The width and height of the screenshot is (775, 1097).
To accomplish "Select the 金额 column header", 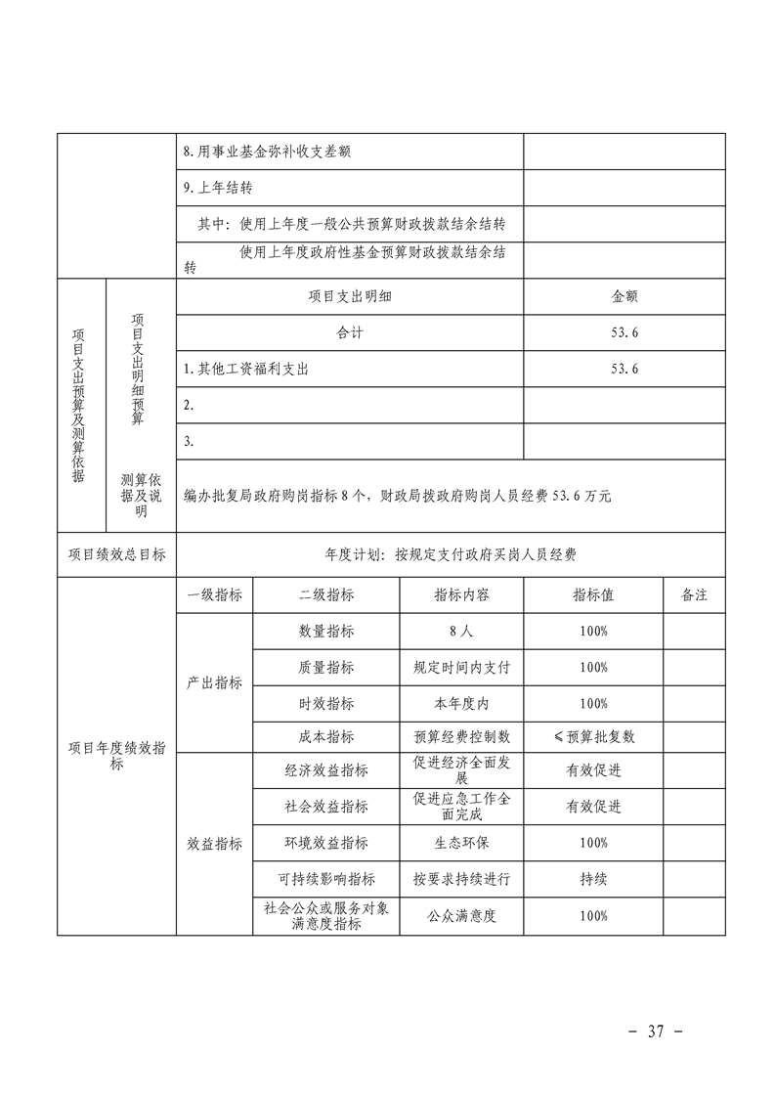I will coord(624,296).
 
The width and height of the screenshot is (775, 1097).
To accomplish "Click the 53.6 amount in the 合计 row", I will coord(624,332).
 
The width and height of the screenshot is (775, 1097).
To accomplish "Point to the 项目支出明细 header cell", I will coord(350,296).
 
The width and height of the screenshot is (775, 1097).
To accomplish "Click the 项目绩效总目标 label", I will coord(116,554).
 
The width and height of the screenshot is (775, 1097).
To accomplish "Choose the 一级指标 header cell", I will coord(214,594).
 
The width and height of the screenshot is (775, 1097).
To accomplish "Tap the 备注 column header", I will coord(694,594).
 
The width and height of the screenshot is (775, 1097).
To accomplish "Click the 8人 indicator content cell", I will coord(461,631).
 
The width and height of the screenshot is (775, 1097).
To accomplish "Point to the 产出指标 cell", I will coord(214,683).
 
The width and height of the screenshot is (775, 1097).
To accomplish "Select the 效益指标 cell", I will coord(214,844).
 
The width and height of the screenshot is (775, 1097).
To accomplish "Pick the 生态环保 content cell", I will coord(461,843).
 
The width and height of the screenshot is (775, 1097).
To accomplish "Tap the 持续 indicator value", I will coord(593,879).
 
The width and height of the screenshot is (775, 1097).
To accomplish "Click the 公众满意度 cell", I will coord(461,916).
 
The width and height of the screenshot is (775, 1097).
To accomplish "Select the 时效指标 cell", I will coord(326,703).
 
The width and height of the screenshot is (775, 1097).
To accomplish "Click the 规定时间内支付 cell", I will coord(461,667).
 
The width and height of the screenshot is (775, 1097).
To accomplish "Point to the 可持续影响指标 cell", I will coord(326,879).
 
